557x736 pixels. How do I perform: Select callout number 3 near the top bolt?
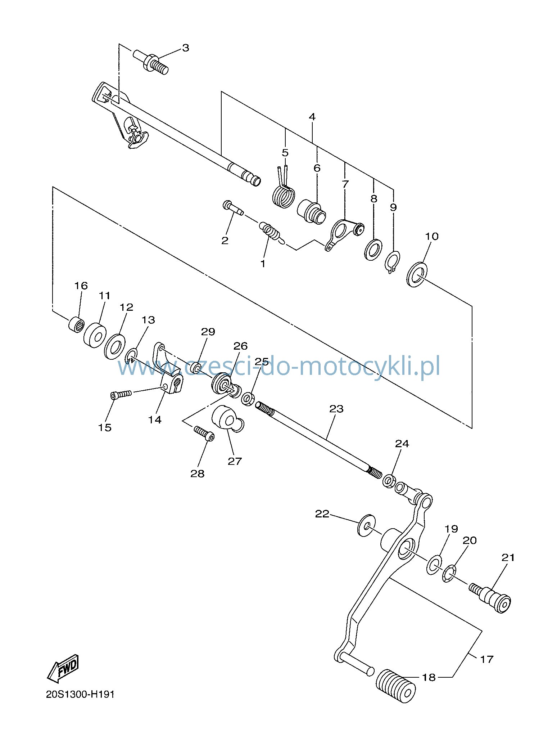(185, 48)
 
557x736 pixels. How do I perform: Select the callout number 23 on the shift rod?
(336, 409)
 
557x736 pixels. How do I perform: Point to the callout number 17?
(486, 659)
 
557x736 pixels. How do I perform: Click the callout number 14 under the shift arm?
(155, 420)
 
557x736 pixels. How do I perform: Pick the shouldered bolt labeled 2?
(233, 208)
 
